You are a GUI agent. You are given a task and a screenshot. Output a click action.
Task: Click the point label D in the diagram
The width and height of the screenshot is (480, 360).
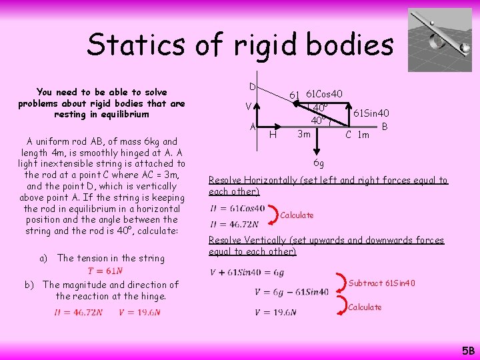(253, 87)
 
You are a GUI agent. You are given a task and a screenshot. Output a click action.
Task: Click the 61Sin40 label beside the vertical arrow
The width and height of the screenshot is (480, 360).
(371, 113)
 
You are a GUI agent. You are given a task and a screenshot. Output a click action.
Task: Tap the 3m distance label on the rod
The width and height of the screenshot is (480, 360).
(303, 134)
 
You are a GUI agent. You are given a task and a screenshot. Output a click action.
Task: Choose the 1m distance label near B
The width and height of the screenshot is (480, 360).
(363, 135)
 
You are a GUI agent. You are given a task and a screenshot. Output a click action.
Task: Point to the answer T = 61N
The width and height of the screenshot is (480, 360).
(104, 271)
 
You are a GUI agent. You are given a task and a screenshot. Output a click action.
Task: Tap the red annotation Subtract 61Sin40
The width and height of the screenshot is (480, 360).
(382, 283)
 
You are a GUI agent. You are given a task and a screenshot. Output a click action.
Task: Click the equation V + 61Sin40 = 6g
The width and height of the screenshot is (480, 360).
(247, 273)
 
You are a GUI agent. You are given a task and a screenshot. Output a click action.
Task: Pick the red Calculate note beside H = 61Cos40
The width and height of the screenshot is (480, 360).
(297, 215)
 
